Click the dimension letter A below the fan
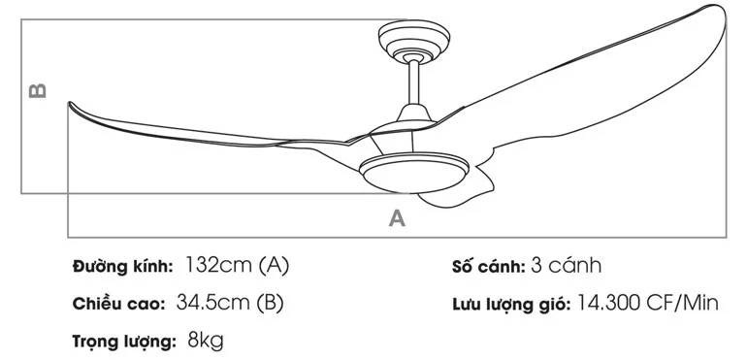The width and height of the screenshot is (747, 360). [396, 218]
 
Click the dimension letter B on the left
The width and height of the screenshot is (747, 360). [37, 90]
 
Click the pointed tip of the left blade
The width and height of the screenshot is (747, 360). [69, 104]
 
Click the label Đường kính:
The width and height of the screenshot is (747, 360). [122, 266]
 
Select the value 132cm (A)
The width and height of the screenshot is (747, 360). [237, 265]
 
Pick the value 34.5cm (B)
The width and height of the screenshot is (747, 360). [230, 303]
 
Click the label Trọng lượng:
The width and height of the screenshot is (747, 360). [123, 342]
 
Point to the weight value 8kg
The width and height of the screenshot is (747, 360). [205, 342]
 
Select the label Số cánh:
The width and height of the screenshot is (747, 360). [488, 266]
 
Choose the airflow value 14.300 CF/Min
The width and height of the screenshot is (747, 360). [647, 304]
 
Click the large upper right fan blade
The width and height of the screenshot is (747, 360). [621, 87]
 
